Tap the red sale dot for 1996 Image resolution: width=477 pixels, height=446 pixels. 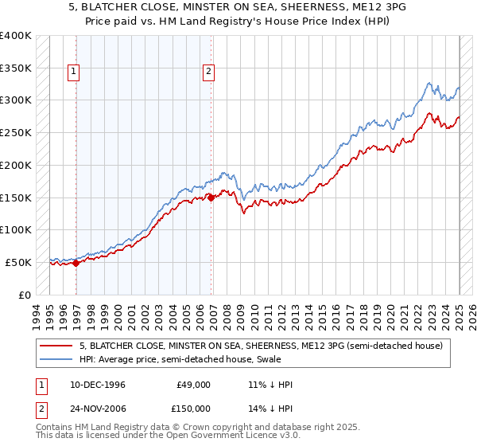point(76,264)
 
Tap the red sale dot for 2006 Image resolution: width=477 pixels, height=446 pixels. point(211,198)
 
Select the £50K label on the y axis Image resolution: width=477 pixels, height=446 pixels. point(18,262)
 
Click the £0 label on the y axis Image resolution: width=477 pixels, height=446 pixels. point(25,295)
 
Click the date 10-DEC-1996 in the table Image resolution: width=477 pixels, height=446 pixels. point(98,385)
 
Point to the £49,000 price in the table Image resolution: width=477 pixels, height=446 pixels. point(192,385)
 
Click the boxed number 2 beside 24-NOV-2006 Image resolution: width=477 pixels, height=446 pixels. point(39,409)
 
